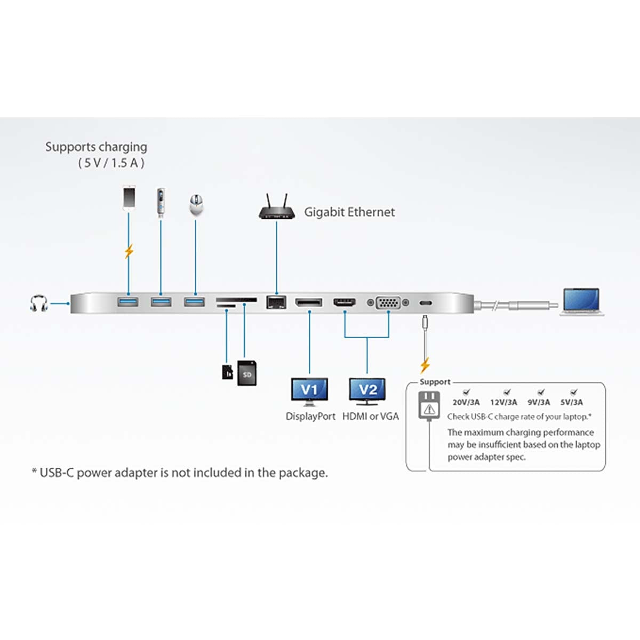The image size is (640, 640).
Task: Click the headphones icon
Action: tap(38, 303)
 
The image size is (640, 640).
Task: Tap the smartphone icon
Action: tap(129, 197)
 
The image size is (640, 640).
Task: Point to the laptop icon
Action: tap(581, 302)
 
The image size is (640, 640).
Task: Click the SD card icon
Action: tap(246, 373)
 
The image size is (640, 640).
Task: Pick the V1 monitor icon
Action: tap(309, 391)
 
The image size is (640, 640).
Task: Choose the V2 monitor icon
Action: tap(367, 391)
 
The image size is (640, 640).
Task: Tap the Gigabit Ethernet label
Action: tap(349, 212)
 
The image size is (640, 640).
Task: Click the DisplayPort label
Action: tap(310, 417)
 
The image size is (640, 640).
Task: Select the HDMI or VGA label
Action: tap(371, 417)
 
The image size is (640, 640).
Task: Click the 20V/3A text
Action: tap(466, 402)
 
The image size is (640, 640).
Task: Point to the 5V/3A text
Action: tap(572, 402)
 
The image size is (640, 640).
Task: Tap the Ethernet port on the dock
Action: tap(276, 302)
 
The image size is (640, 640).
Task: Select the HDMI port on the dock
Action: tap(345, 302)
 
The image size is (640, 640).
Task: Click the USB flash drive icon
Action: tap(161, 202)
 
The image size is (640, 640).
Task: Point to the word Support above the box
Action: tap(435, 382)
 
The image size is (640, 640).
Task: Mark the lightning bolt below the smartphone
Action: tap(129, 251)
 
